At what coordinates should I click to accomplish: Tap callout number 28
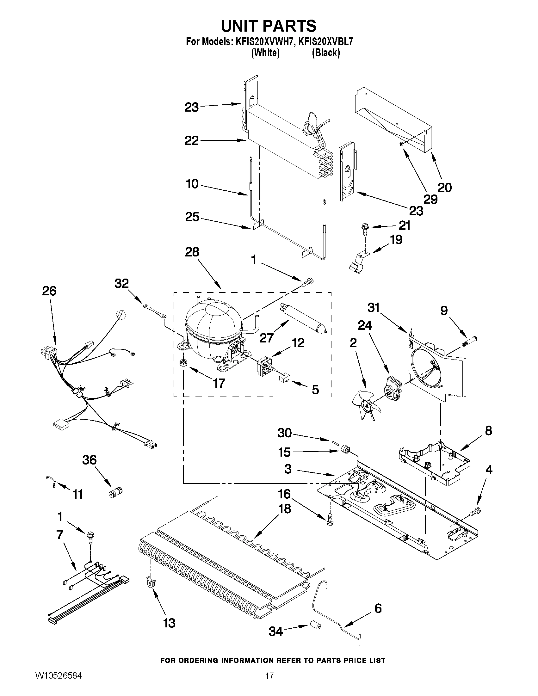click(x=192, y=252)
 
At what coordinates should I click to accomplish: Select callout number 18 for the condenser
click(x=285, y=509)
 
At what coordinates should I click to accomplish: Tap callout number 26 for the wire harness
click(x=49, y=291)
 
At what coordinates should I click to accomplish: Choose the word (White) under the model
click(x=265, y=53)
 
